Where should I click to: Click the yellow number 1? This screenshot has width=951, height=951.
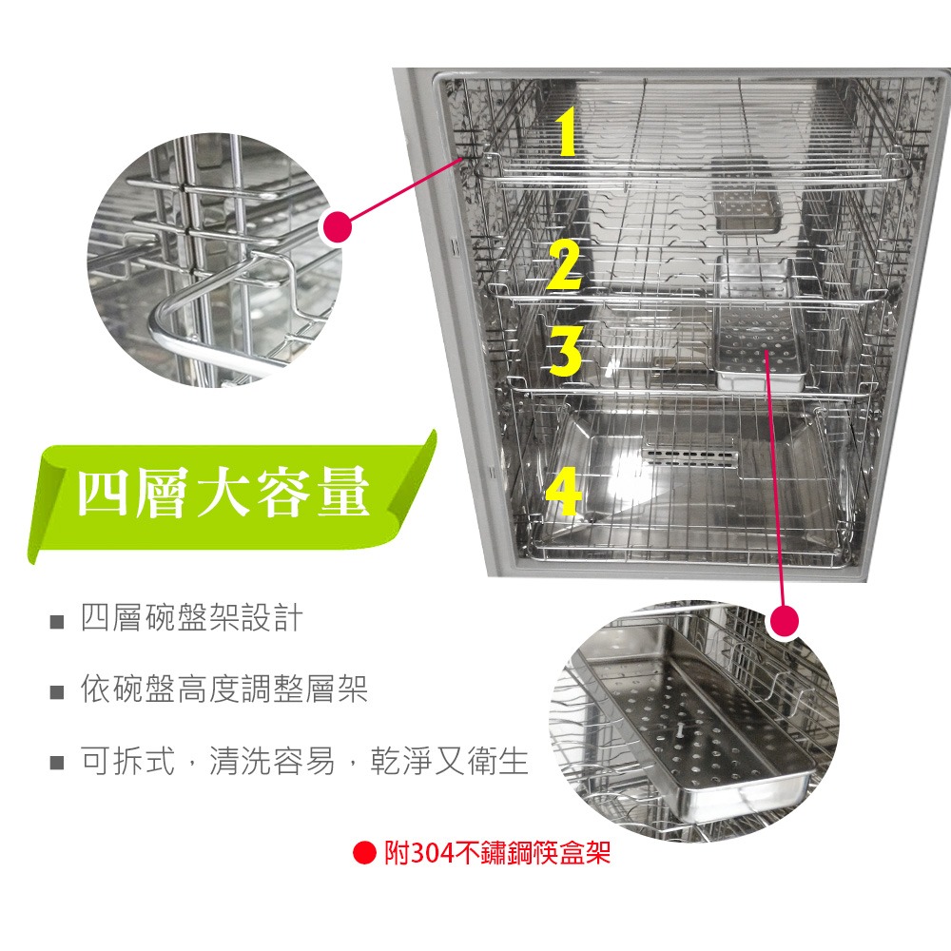click(x=567, y=133)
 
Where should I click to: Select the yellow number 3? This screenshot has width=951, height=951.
click(x=565, y=349)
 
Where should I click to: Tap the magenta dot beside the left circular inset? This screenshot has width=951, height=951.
click(x=337, y=227)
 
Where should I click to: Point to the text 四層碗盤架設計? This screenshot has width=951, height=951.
click(x=191, y=619)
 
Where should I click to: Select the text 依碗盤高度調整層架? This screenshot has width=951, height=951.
click(x=223, y=690)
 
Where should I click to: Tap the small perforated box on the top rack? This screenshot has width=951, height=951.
click(x=746, y=204)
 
